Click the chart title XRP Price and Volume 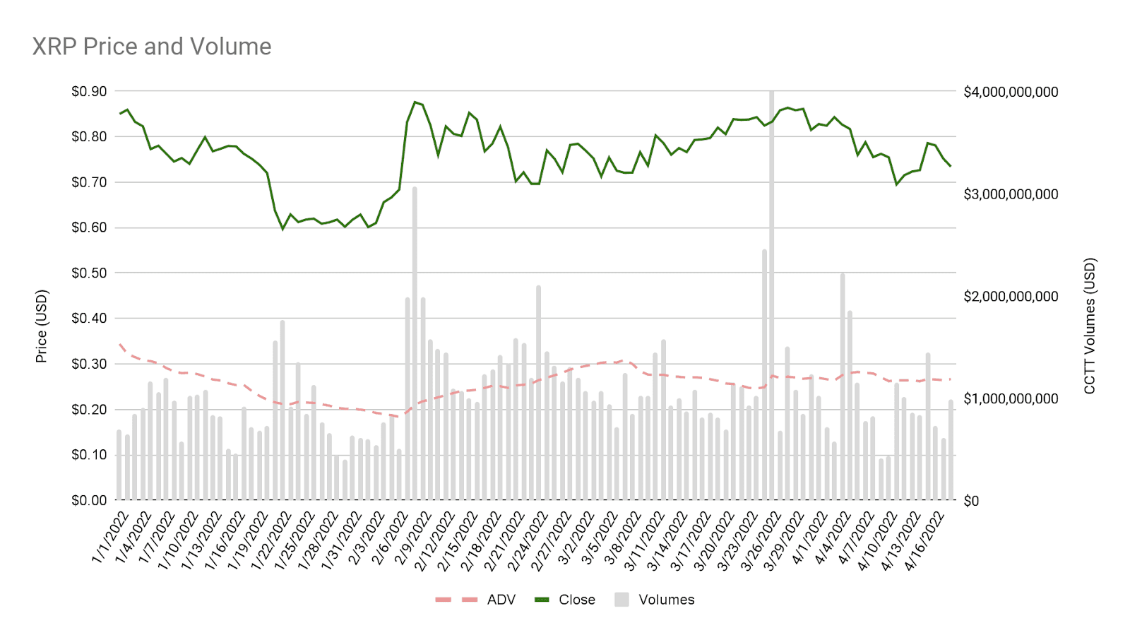click(152, 47)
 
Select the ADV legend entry click(501, 600)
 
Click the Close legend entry click(576, 600)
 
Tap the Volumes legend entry click(666, 600)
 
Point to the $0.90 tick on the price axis click(89, 92)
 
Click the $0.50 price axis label click(89, 273)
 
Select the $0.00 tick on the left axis click(89, 500)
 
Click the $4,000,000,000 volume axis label click(1011, 93)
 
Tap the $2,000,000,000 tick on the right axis click(1011, 297)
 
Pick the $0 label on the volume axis click(971, 501)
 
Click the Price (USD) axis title click(42, 326)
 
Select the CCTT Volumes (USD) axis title click(1090, 326)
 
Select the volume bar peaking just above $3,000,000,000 click(415, 339)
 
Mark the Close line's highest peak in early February click(415, 102)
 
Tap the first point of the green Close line click(119, 113)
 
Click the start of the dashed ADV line click(120, 345)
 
